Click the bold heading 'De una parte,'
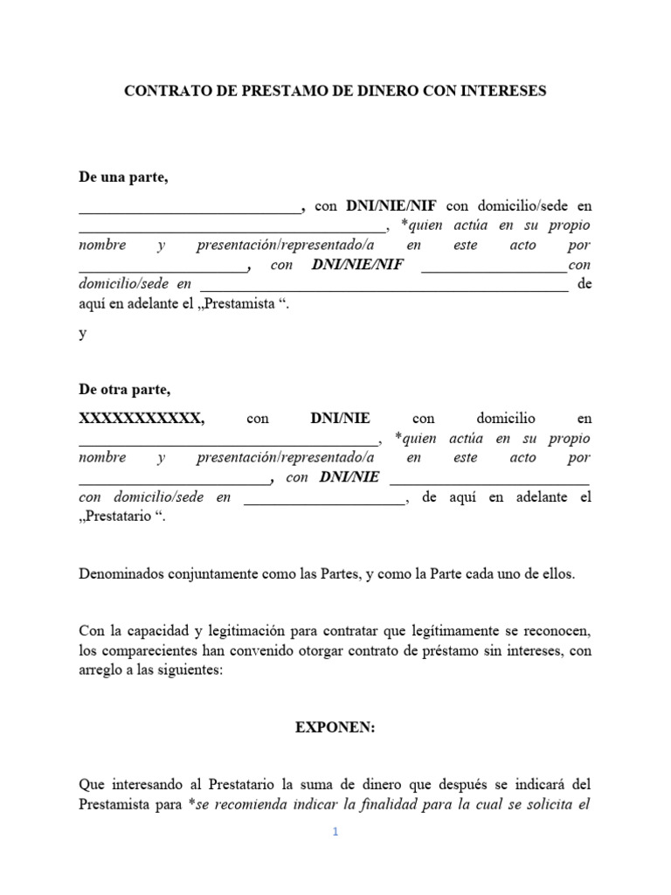pos(123,177)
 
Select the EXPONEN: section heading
pos(335,728)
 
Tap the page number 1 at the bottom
pos(335,832)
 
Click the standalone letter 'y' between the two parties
pos(83,334)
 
